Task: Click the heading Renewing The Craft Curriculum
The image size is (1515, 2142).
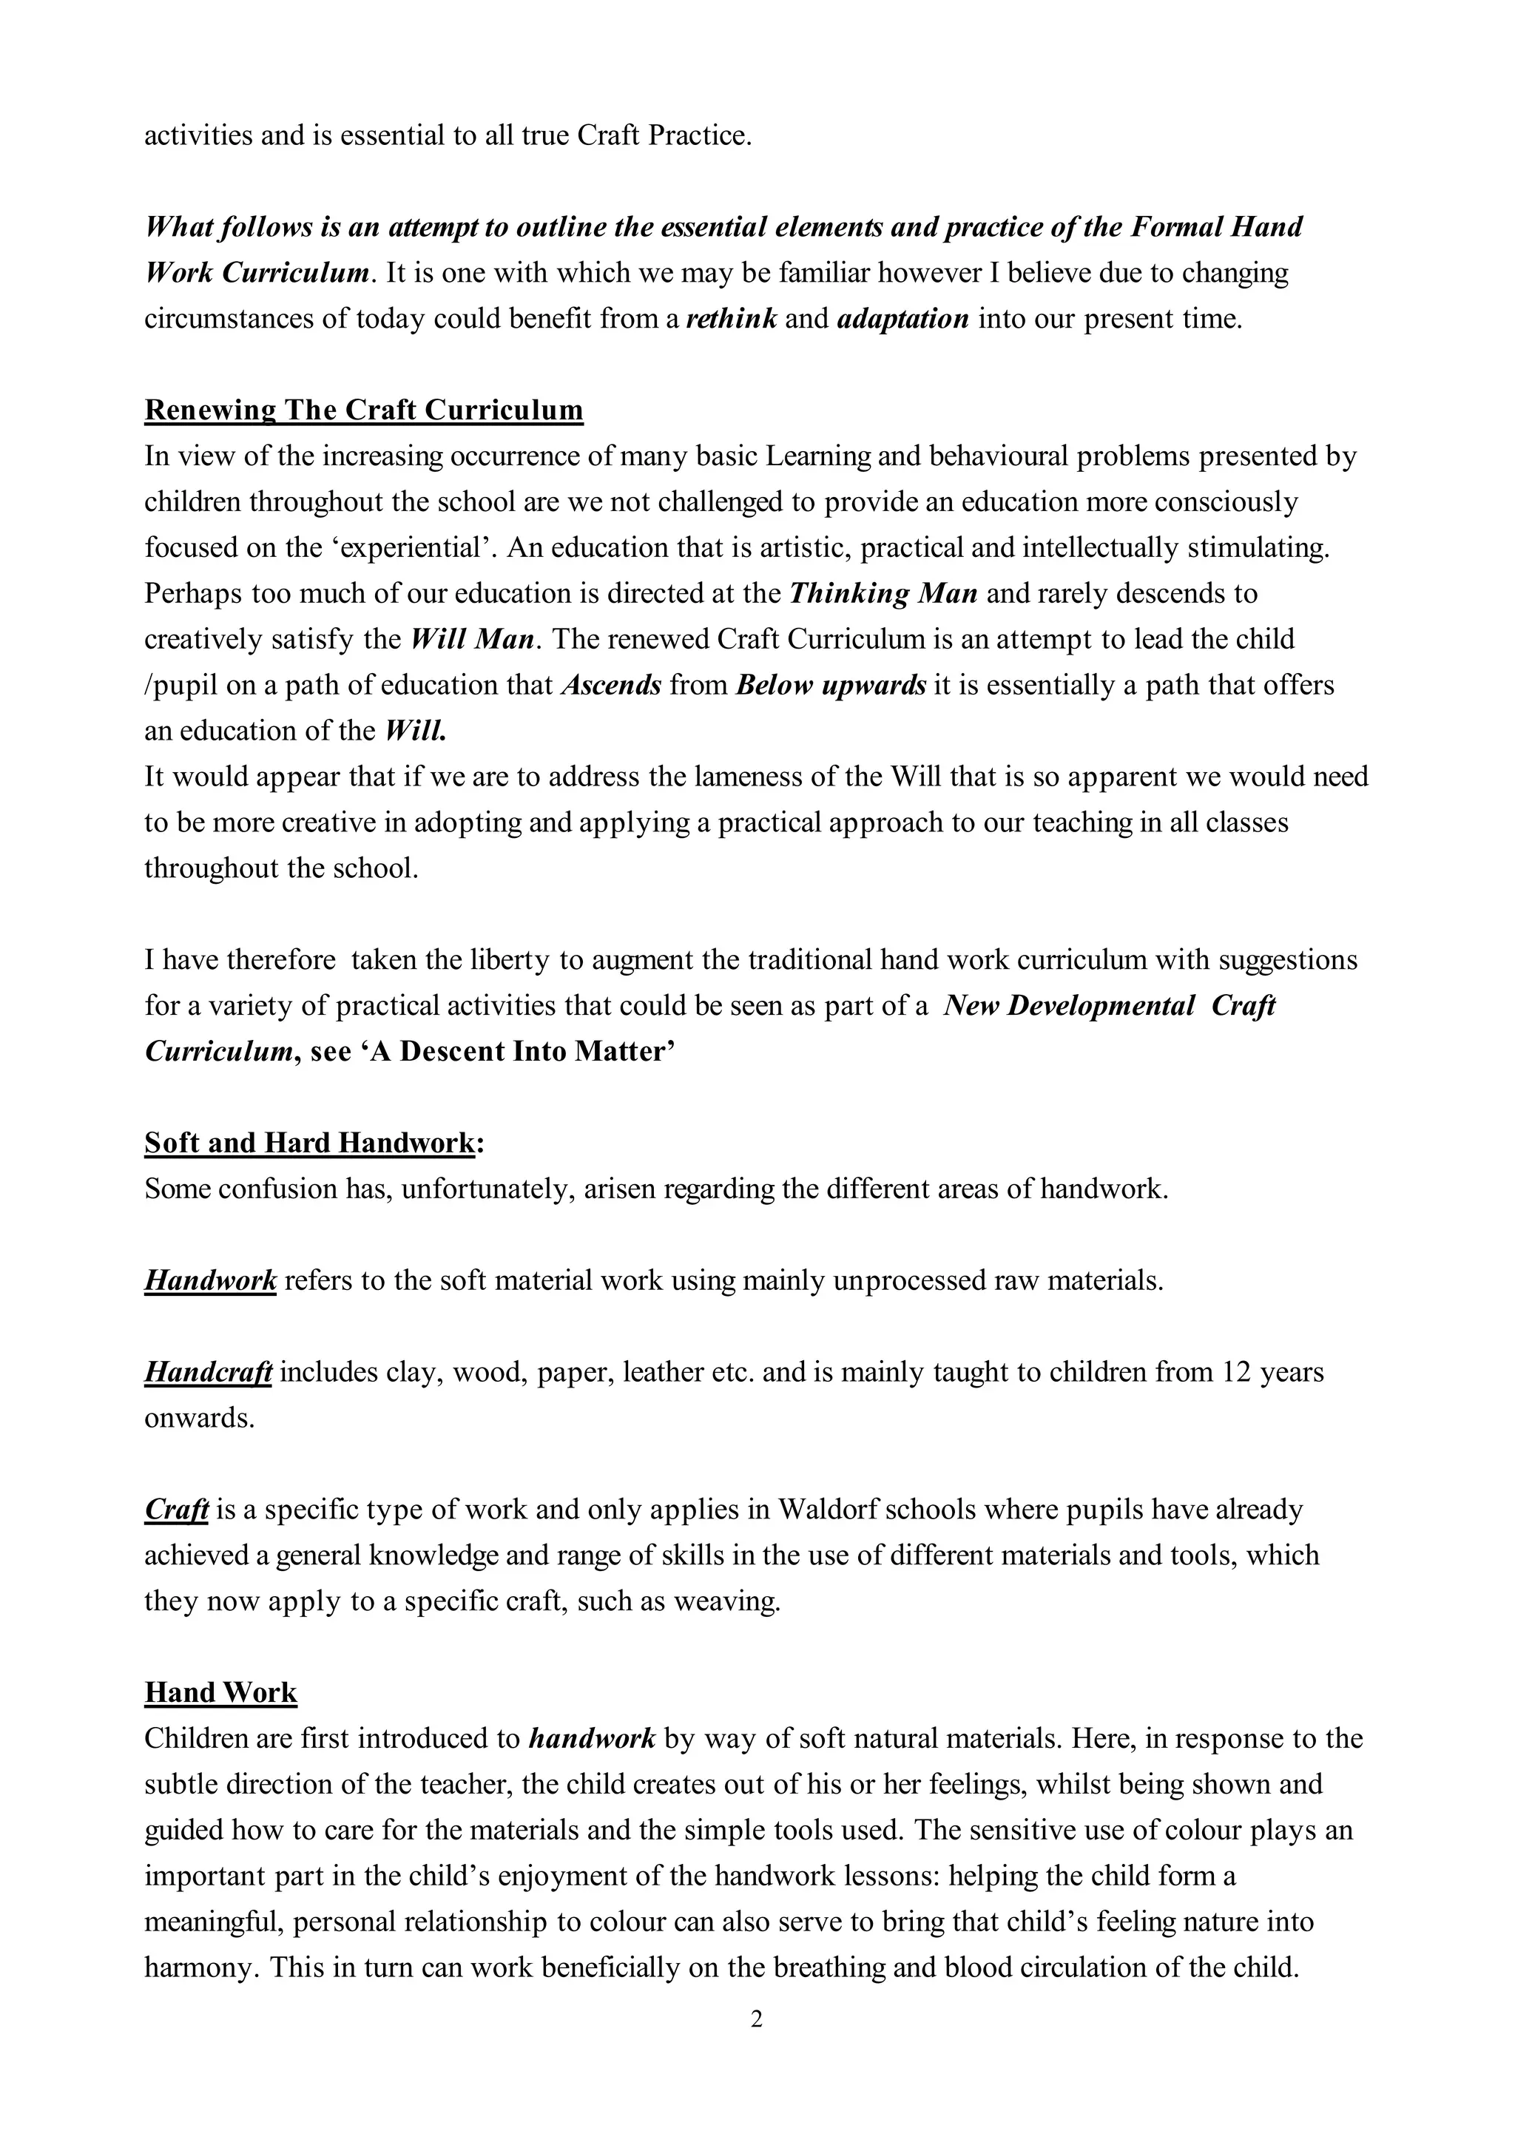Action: pyautogui.click(x=364, y=411)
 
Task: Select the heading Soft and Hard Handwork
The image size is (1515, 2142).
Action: pyautogui.click(x=311, y=1143)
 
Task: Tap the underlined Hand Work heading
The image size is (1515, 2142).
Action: pyautogui.click(x=220, y=1692)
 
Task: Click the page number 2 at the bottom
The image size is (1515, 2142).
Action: pyautogui.click(x=757, y=2020)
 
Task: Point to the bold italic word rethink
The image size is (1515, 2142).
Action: pyautogui.click(x=732, y=319)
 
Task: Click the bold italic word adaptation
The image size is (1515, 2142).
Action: pyautogui.click(x=903, y=319)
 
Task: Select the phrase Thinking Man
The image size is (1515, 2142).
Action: pyautogui.click(x=883, y=593)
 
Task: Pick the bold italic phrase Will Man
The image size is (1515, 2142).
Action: pyautogui.click(x=472, y=639)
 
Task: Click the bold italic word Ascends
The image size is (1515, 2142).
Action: pyautogui.click(x=611, y=685)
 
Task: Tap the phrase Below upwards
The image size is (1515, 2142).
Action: pyautogui.click(x=830, y=685)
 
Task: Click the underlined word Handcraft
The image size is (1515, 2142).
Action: pyautogui.click(x=208, y=1371)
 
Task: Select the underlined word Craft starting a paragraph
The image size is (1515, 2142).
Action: pyautogui.click(x=176, y=1510)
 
